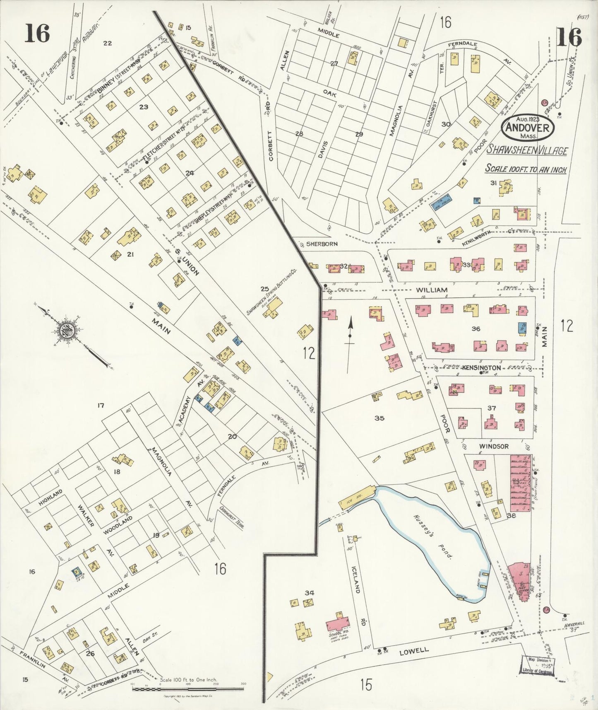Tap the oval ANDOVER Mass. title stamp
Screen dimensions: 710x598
(528, 127)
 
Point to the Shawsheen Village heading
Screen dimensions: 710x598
(526, 151)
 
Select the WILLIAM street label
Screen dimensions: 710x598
(432, 290)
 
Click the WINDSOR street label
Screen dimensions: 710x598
(493, 447)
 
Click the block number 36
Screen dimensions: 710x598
(476, 328)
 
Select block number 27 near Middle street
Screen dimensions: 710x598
(334, 63)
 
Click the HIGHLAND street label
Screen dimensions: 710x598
(50, 497)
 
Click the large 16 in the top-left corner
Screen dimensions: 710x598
(37, 34)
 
